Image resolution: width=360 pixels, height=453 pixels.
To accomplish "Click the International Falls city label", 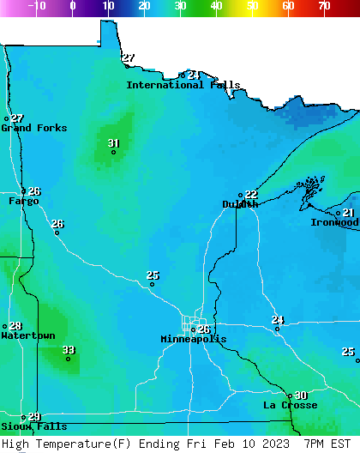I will coord(183,85).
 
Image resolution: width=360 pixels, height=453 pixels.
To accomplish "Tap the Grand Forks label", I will coord(33,128).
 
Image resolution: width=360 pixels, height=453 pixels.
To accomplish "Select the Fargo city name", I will coord(23,201).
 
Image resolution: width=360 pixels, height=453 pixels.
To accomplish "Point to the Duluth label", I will coord(240,204).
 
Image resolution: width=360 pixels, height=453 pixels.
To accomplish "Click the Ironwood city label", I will coord(334,222).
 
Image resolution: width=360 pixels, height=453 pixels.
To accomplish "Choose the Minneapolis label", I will coord(194,339).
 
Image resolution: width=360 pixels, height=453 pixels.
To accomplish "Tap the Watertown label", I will coord(27,335).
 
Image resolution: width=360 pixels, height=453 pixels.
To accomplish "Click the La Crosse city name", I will coord(290,405).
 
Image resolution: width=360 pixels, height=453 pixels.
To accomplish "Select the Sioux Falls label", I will coord(33,426).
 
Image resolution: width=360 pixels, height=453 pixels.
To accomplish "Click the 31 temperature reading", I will coord(114,143).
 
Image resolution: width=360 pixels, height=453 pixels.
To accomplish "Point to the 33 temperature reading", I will coord(69,350).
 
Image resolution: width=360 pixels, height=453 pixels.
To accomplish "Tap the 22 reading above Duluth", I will coord(251,195).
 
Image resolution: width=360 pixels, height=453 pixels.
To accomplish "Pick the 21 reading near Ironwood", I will coord(348,213).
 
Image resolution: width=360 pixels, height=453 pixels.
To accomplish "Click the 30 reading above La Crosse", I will coord(301,396).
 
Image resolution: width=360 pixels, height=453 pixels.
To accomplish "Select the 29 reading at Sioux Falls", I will coord(34,417).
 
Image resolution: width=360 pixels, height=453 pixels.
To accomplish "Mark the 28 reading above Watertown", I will coord(15,326).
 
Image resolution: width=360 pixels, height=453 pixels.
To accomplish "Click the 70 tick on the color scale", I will coord(324,5).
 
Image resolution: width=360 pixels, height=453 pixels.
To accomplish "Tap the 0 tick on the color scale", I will coord(72,5).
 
